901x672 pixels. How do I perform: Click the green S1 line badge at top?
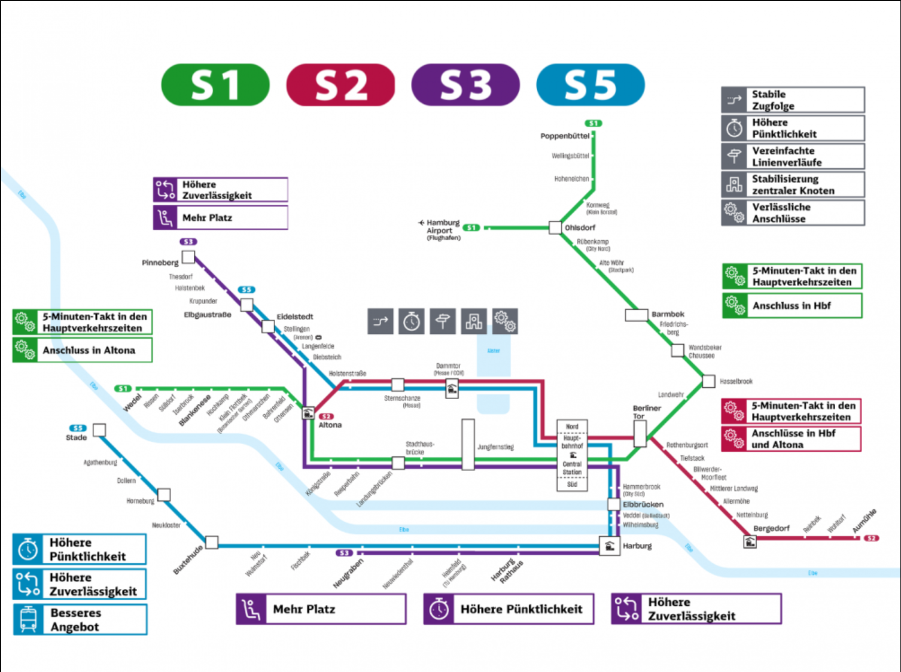coord(215,85)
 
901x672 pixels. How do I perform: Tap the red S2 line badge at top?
coord(340,85)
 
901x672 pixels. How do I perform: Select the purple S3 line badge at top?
coord(465,85)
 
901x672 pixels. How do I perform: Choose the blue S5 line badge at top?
coord(590,85)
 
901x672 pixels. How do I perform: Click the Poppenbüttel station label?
coord(565,136)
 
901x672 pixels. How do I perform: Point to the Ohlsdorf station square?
coord(555,227)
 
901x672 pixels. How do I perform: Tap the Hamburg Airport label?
coord(443,230)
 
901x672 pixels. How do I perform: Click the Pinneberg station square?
coord(188,257)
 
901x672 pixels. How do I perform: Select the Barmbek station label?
coord(668,314)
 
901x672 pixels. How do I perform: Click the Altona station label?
coord(330,425)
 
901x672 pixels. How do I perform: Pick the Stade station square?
coord(99,430)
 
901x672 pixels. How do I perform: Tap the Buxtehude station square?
coord(212,543)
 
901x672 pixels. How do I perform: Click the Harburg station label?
coord(637,546)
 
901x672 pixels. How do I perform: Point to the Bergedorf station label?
coord(771,528)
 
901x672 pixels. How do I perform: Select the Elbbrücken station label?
coord(643,504)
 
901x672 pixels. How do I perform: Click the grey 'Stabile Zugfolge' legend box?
coord(793,100)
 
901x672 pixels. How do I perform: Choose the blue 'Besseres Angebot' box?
coord(80,619)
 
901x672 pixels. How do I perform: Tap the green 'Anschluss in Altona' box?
coord(83,350)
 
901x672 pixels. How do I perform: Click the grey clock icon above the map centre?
coord(412,321)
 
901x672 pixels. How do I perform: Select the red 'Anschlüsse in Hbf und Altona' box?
coord(792,439)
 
